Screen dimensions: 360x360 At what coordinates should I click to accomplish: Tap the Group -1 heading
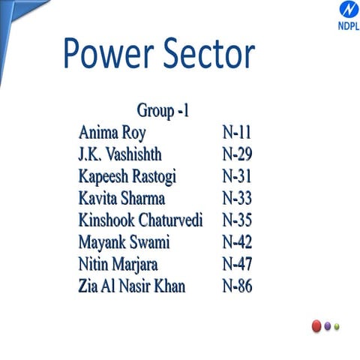click(x=163, y=112)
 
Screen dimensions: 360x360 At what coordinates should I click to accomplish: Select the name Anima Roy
click(x=112, y=133)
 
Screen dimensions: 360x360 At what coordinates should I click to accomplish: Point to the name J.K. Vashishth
click(x=119, y=155)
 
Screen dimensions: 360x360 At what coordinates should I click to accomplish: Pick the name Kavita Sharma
click(x=121, y=199)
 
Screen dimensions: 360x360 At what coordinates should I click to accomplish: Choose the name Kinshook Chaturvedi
click(x=146, y=220)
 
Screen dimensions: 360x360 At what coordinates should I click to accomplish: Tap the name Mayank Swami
click(x=124, y=242)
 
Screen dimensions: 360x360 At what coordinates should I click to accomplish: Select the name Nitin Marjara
click(x=123, y=264)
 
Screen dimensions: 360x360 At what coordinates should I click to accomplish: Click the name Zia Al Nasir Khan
click(x=142, y=286)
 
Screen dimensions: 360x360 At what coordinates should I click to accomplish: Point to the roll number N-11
click(x=237, y=133)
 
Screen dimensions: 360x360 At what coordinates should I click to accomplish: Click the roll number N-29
click(x=237, y=155)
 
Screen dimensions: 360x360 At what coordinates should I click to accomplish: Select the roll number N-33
click(x=237, y=199)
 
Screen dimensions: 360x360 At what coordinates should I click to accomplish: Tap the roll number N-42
click(x=237, y=242)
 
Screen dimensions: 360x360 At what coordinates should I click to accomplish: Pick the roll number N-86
click(x=237, y=286)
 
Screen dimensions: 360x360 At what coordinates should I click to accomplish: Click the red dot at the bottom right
click(x=316, y=326)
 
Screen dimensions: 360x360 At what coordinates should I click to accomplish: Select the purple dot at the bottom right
click(x=328, y=326)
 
